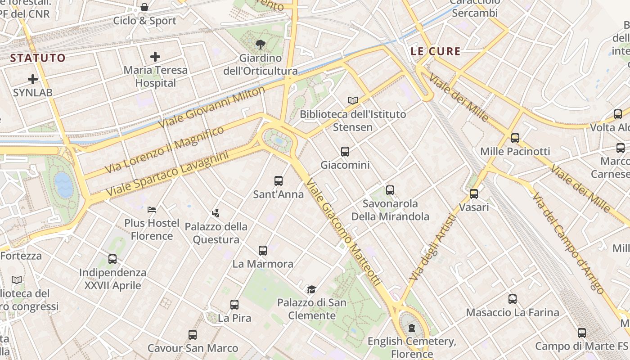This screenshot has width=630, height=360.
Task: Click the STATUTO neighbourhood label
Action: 38,58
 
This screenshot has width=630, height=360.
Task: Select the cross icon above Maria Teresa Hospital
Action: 155,57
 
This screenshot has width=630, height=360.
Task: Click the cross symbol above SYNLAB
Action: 33,79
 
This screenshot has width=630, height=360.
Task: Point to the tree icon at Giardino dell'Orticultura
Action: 260,44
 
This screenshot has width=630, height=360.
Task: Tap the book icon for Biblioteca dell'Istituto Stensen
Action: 353,100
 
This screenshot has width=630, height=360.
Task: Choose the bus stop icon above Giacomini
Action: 345,152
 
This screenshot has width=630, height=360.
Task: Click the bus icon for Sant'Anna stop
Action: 279,181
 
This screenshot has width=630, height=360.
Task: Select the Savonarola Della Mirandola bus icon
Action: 390,190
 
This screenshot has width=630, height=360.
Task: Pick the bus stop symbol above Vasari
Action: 474,194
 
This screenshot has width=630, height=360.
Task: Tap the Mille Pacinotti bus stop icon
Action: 515,138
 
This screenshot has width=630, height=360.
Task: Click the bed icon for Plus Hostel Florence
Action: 152,210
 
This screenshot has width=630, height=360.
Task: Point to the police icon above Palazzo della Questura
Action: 216,213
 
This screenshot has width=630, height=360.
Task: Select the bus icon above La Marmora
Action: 263,251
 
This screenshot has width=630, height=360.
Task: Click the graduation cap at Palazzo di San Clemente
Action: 311,289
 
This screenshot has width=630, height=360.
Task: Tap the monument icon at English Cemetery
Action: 412,328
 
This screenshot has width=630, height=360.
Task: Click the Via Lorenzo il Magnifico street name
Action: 164,150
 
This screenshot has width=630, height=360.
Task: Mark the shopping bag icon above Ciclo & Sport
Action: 144,7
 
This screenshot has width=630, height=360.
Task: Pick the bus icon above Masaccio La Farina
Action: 512,299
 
